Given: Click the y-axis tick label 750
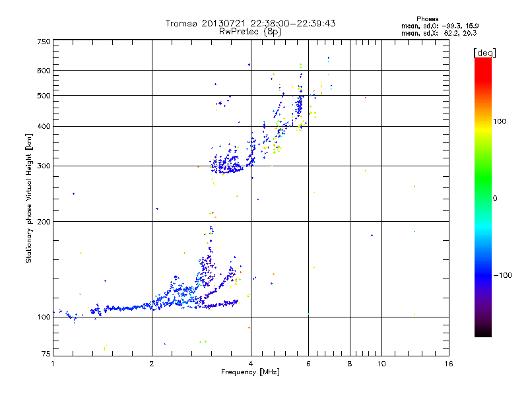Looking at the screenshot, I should [x=43, y=42].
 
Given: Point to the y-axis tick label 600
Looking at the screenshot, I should [x=43, y=71].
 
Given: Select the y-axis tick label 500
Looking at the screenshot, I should [x=43, y=96].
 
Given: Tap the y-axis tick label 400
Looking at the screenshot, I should [x=43, y=127].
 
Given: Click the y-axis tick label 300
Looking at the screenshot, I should [x=43, y=166].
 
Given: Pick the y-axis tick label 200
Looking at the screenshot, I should [x=43, y=222].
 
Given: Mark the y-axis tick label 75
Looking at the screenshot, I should [x=45, y=354].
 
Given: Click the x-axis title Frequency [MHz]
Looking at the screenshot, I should [x=251, y=373].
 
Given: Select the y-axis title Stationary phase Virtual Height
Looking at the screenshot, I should [x=29, y=198].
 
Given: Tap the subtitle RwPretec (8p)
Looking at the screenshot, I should [x=251, y=31].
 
